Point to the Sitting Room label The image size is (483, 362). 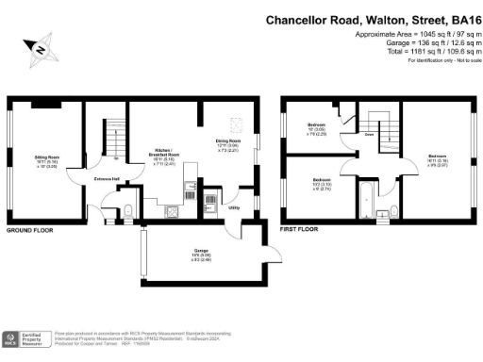(x=46, y=161)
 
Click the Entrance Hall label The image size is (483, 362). (x=105, y=177)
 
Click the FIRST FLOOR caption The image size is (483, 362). (x=298, y=229)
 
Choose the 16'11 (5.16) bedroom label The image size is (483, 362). (x=437, y=159)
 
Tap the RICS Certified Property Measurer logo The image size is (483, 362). (x=27, y=340)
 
